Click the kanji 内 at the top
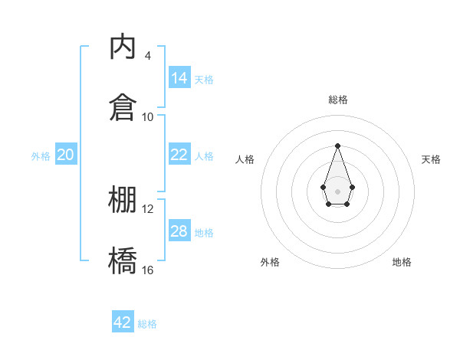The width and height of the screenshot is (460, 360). pyautogui.click(x=123, y=47)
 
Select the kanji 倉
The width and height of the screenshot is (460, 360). pyautogui.click(x=123, y=107)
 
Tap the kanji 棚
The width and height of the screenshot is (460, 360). pyautogui.click(x=123, y=199)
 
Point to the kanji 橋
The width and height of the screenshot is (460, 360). pyautogui.click(x=123, y=260)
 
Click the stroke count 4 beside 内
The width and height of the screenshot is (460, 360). pyautogui.click(x=147, y=55)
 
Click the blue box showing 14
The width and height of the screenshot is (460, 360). pyautogui.click(x=179, y=78)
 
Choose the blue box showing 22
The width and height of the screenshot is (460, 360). pyautogui.click(x=179, y=155)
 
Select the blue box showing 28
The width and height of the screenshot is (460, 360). pyautogui.click(x=179, y=231)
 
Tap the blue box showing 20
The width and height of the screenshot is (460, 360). pyautogui.click(x=65, y=155)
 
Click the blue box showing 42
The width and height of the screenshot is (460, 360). pyautogui.click(x=123, y=322)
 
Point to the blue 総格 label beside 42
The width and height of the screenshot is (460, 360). pyautogui.click(x=147, y=324)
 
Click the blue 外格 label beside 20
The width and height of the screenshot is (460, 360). pyautogui.click(x=41, y=156)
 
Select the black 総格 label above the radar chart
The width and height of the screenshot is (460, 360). pyautogui.click(x=337, y=100)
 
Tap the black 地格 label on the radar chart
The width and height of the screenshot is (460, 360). pyautogui.click(x=402, y=262)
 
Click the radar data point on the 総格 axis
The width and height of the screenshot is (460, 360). pyautogui.click(x=337, y=146)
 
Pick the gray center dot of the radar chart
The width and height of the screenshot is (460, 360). pyautogui.click(x=337, y=190)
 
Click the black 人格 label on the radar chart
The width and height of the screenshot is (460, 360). pyautogui.click(x=245, y=159)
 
